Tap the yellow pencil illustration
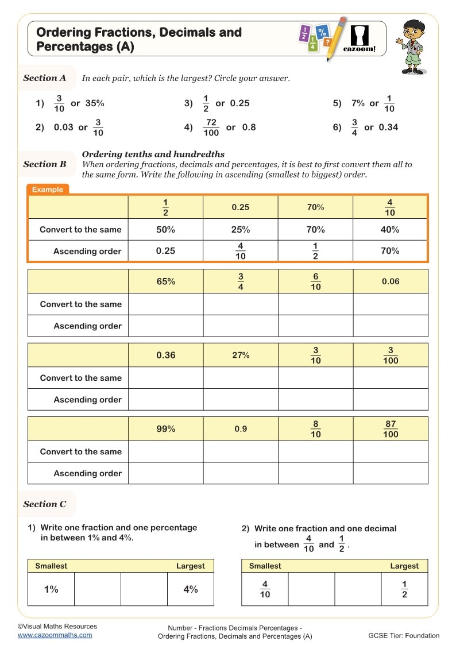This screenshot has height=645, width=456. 336,38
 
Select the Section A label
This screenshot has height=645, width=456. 45,78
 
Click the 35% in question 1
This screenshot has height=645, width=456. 95,103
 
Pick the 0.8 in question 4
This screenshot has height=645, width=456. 249,128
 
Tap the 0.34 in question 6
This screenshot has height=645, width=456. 388,128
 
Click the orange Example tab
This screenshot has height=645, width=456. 48,190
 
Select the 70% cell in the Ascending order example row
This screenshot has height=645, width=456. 390,251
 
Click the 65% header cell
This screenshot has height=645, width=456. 165,281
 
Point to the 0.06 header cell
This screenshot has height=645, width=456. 390,281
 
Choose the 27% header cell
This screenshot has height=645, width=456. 241,355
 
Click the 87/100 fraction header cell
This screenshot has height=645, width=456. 391,429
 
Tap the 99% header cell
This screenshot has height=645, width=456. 165,429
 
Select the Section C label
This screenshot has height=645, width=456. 45,504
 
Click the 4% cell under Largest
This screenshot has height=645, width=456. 191,589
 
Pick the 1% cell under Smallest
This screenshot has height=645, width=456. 51,589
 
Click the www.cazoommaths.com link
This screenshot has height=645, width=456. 55,635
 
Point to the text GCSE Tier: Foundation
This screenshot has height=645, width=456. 404,635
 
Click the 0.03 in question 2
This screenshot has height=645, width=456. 64,128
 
